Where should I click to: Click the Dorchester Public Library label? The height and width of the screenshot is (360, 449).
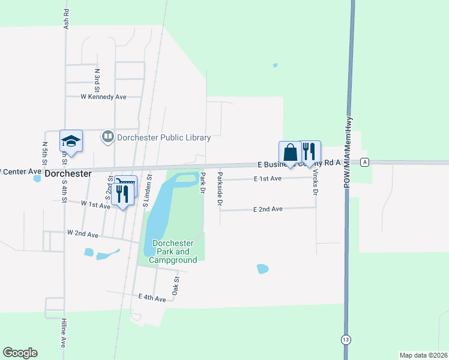163,137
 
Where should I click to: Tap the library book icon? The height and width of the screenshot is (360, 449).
108,137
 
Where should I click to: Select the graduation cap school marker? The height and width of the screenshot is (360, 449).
71,142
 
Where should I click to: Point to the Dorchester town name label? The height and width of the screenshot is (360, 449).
68,173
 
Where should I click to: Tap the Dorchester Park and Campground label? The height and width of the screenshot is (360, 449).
174,252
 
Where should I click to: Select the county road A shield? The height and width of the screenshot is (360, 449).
364,162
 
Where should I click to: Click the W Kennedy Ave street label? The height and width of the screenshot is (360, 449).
104,97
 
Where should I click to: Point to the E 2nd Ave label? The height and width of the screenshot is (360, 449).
268,209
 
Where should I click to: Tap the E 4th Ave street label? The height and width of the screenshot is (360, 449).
151,298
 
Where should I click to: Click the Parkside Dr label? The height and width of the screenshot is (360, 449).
220,190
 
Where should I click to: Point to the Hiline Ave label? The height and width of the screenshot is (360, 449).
63,334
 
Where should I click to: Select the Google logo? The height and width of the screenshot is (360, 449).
20,352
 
